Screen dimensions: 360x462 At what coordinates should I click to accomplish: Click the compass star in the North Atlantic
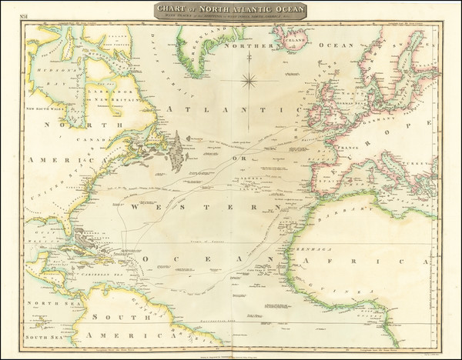250,79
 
